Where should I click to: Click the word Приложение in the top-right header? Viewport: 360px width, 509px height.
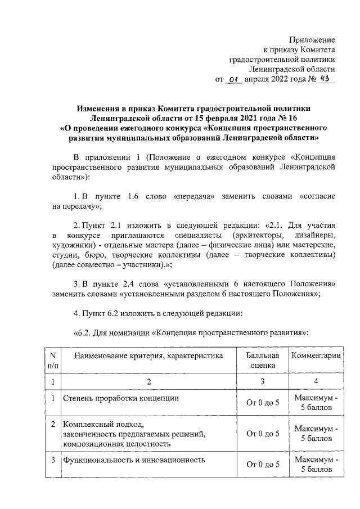click(x=312, y=40)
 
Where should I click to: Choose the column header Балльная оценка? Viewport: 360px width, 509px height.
click(x=263, y=360)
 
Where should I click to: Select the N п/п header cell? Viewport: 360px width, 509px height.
click(x=52, y=360)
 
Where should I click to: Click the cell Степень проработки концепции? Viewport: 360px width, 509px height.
click(x=121, y=398)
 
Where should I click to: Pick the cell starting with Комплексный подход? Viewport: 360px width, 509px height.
click(x=133, y=434)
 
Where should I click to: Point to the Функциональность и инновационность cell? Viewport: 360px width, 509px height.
click(x=133, y=460)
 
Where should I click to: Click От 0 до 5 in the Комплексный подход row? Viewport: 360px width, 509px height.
click(x=263, y=434)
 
